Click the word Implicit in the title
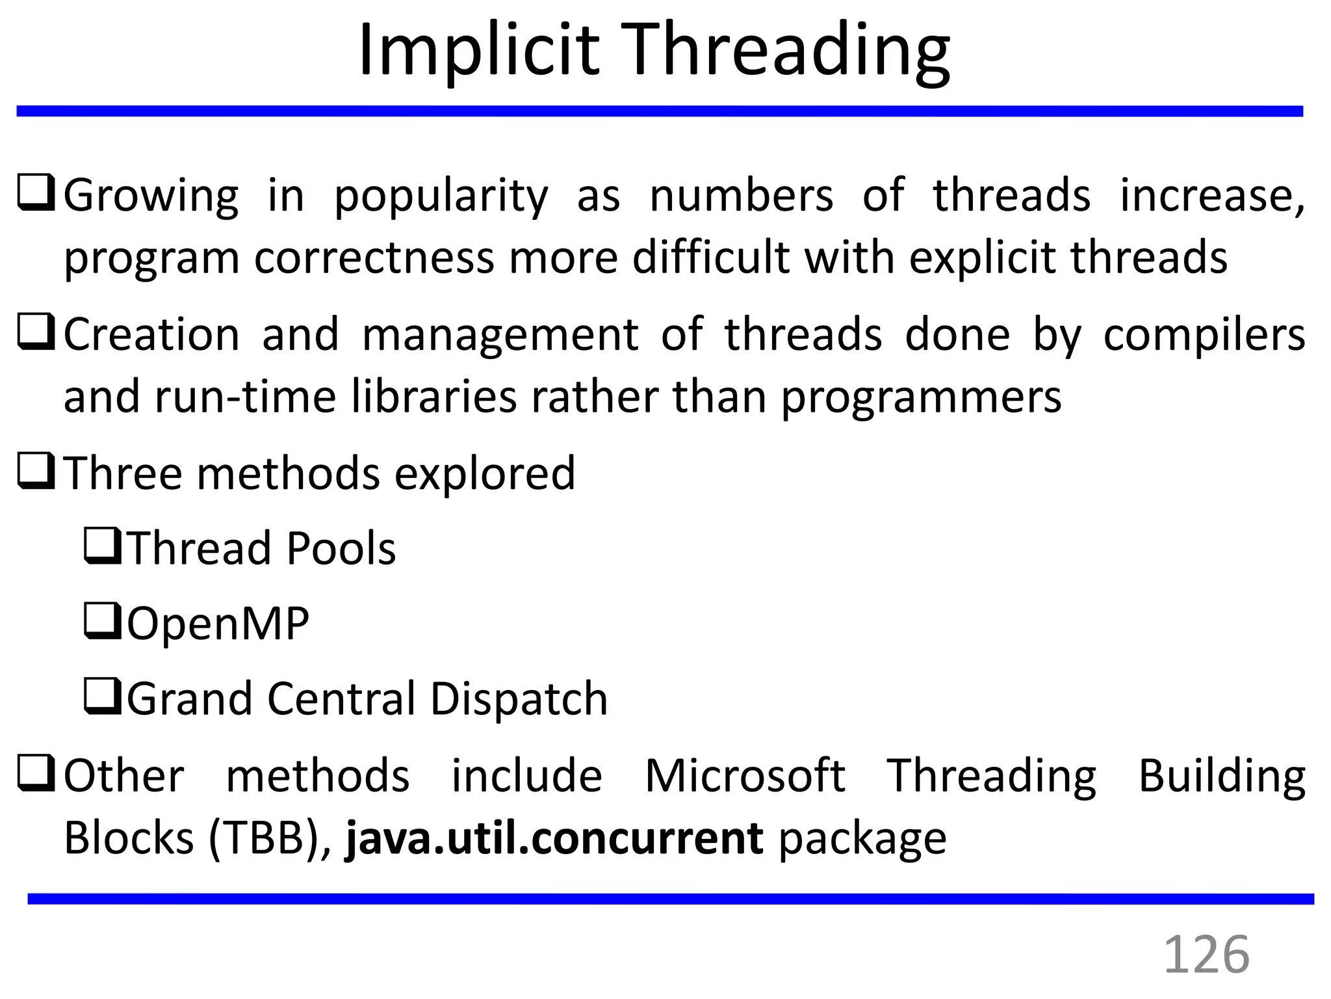pos(478,51)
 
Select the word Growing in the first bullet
pos(151,196)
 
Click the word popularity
pos(441,196)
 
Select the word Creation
pos(151,335)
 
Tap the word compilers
pos(1204,335)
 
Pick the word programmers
pos(921,397)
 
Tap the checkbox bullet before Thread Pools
pos(102,546)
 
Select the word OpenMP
pos(218,623)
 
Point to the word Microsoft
pos(745,776)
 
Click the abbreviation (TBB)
pos(270,838)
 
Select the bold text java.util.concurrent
pos(554,838)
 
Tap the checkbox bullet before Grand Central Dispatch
pos(102,697)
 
